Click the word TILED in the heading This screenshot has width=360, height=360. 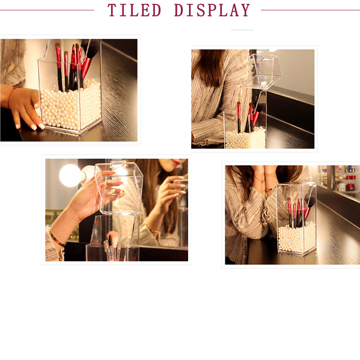pos(134,10)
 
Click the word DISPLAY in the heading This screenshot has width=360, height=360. pos(212,10)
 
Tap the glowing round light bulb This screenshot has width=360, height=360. pos(70,175)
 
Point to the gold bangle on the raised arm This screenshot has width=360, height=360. pos(57,239)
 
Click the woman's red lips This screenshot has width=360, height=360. pos(176,162)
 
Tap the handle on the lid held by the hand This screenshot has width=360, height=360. pos(118,164)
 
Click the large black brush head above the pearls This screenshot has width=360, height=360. pos(93,49)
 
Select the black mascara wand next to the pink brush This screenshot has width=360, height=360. pos(110,240)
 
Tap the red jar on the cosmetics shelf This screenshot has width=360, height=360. pos(351,187)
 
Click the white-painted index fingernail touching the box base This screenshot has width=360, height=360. pos(41,126)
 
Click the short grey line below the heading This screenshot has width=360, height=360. pos(242,30)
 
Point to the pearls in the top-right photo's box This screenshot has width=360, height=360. pos(246,138)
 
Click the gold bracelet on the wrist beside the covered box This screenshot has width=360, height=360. pos(271,189)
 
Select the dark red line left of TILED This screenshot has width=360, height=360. pos(47,10)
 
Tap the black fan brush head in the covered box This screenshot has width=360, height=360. pos(310,202)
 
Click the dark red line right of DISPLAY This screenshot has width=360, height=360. pos(310,10)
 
